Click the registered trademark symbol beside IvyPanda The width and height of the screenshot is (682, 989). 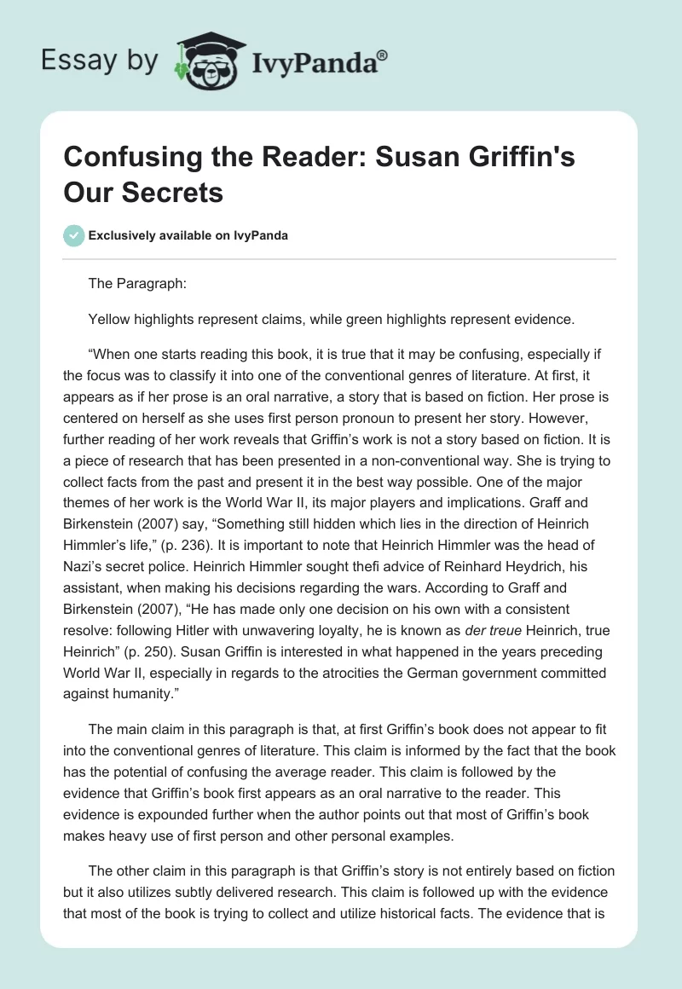(x=383, y=54)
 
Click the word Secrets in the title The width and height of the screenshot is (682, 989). (x=176, y=192)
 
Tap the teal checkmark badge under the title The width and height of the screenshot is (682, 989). (x=74, y=235)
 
